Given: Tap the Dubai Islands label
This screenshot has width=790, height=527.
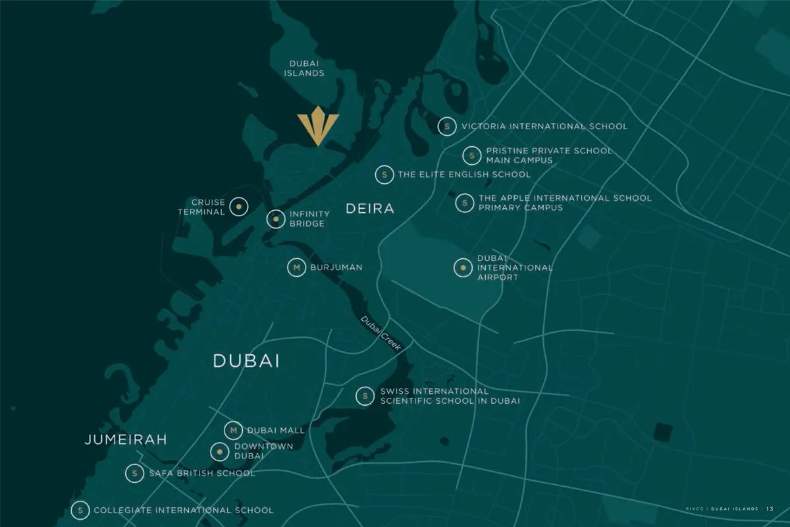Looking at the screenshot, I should coord(304,69).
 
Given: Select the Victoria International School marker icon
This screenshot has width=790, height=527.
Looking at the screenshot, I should coord(447,126).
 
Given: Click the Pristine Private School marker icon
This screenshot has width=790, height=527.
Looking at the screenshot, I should coord(472,155).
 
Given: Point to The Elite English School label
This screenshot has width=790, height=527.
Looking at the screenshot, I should coord(464,175).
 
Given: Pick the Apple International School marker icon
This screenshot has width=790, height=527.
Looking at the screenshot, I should coord(465,203).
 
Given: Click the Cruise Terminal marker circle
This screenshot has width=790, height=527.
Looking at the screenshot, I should coord(238,207).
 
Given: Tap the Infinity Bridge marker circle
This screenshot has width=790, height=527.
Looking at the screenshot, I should coord(275,219).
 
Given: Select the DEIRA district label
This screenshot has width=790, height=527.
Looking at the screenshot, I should coord(370,209).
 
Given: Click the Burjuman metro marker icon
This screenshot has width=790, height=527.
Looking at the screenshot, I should coord(296,267).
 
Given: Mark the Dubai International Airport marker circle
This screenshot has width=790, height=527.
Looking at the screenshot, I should coord(463,267).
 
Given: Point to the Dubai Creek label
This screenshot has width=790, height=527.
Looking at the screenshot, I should coord(376,333).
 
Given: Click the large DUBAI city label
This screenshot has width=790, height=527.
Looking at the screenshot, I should coord(246,361).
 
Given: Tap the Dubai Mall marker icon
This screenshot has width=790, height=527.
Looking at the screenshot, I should coord(233,430).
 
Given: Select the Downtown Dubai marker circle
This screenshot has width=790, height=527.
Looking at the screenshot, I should coord(219,452).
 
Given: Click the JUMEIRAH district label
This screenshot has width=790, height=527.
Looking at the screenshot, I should coord(126,439).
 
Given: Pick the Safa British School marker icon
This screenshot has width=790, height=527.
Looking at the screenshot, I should coord(134,473).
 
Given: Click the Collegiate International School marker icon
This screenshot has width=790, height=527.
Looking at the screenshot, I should coord(80,510).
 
